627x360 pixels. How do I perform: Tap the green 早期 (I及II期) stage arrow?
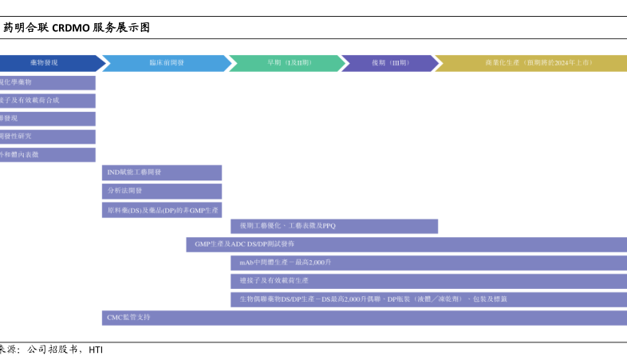[x=283, y=62]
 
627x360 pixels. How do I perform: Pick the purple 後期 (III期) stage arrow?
[x=389, y=62]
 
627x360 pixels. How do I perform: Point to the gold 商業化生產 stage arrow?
[x=530, y=62]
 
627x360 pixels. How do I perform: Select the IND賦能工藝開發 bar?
[x=162, y=172]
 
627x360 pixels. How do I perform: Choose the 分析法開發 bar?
[x=162, y=191]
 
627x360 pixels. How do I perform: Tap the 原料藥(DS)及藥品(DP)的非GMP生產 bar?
[x=162, y=209]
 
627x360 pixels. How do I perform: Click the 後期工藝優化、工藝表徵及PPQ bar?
[x=333, y=227]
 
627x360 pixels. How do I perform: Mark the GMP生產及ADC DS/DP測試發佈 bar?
[x=406, y=244]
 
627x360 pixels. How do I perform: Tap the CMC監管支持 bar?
[x=364, y=317]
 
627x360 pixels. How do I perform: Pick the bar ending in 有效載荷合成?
[x=47, y=101]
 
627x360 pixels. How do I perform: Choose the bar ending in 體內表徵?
[x=47, y=155]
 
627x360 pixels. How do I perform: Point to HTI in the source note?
[x=96, y=350]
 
